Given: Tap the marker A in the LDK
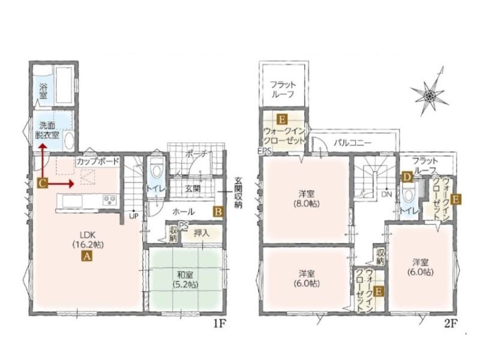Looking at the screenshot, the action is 86,256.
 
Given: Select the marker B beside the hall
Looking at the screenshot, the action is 218,212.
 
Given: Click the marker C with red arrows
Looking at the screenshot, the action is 43,184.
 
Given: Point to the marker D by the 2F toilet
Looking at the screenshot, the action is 407,177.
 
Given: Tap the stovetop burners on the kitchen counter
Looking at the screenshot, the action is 109,200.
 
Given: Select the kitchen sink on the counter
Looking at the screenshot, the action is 72,201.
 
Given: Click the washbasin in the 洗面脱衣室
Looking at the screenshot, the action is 69,141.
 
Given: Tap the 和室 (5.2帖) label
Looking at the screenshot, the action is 185,279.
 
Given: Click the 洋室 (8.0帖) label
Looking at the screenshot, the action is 307,199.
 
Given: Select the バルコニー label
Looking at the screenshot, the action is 353,143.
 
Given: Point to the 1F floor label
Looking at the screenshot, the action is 220,323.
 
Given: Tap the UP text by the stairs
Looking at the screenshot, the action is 134,216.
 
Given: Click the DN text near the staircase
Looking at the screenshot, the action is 386,194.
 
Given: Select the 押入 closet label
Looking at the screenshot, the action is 202,233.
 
